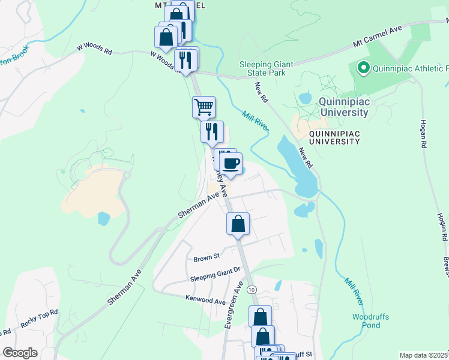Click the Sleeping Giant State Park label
(262, 68)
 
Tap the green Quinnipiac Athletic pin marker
(363, 68)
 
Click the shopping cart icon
(204, 107)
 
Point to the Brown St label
(207, 259)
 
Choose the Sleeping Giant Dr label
(215, 278)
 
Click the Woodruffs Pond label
(366, 320)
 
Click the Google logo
(20, 353)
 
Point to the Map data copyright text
(424, 355)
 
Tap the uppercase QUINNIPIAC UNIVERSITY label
(334, 137)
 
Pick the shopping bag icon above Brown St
(238, 224)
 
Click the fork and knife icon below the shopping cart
(212, 132)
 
